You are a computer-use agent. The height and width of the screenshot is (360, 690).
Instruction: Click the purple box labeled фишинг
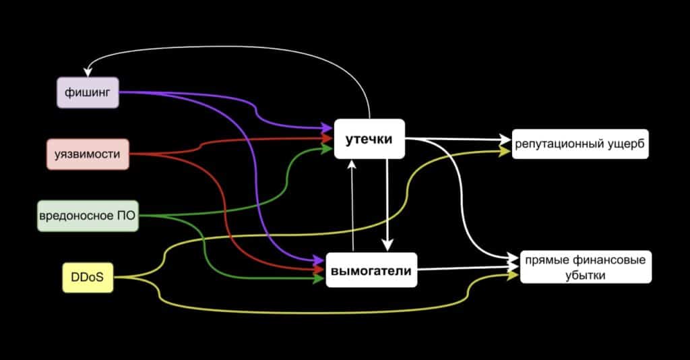[x=88, y=92]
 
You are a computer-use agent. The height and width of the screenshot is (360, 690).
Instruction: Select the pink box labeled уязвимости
[x=88, y=154]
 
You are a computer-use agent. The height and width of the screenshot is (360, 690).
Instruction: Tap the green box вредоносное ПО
[x=88, y=216]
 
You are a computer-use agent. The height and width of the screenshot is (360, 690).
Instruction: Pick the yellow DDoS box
[x=88, y=276]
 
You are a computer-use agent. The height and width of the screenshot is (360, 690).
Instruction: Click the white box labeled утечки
[x=369, y=139]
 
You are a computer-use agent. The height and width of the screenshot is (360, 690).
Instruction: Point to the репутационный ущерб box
[x=580, y=144]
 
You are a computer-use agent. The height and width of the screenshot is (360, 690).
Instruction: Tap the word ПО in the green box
[x=127, y=216]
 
